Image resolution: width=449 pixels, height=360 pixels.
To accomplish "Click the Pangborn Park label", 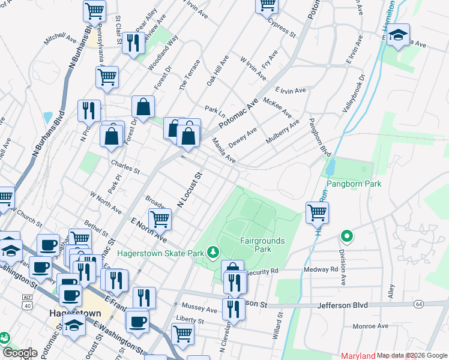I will pos(354,183).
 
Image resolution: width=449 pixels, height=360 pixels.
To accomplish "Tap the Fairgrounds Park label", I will pos(263,244).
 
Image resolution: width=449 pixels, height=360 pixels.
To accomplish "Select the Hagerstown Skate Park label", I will pos(160,254).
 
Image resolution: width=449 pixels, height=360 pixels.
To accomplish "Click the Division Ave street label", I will pos(343,267).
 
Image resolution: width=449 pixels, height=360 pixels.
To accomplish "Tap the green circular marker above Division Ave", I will pos(346,236).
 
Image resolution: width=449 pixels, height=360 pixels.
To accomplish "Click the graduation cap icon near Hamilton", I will pos(397,34).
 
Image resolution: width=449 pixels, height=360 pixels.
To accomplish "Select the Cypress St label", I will pos(283,28).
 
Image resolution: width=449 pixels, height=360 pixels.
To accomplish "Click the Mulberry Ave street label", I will pos(282,135).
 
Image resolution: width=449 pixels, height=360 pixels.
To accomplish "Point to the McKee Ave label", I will pos(277,107).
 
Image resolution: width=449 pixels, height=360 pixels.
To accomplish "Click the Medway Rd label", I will pos(325,269).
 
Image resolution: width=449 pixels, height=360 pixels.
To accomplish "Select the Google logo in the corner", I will pos(20,353).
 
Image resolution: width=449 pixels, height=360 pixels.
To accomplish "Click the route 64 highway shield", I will pos(418,305).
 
